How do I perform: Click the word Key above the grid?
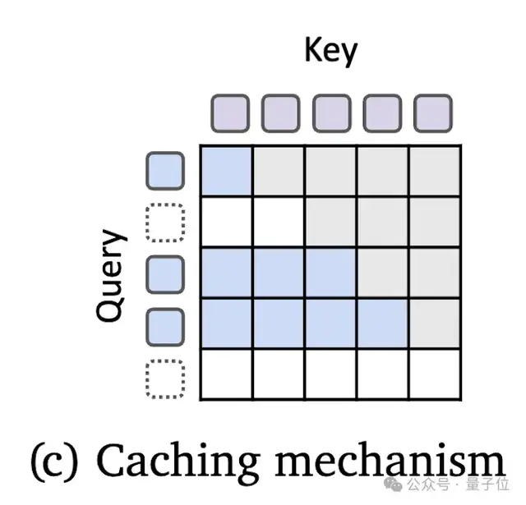pyautogui.click(x=331, y=51)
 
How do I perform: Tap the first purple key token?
pyautogui.click(x=229, y=113)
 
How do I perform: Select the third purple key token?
pyautogui.click(x=331, y=113)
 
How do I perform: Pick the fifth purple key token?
pyautogui.click(x=433, y=113)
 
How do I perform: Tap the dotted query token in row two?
pyautogui.click(x=165, y=223)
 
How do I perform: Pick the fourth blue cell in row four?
pyautogui.click(x=382, y=324)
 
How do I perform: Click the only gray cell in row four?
pyautogui.click(x=434, y=324)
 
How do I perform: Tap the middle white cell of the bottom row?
pyautogui.click(x=330, y=374)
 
